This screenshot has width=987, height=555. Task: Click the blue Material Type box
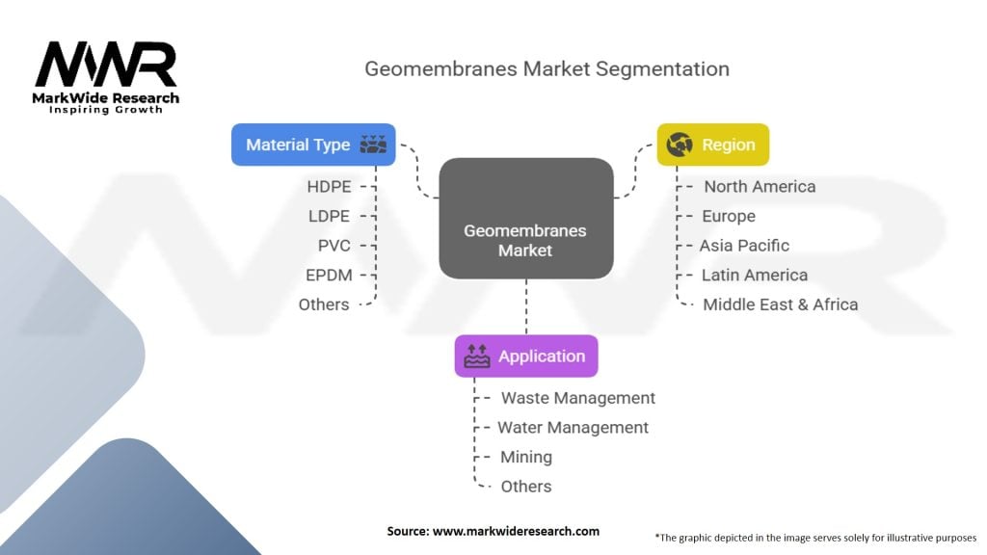[313, 145]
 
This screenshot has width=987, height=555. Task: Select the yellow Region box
[713, 145]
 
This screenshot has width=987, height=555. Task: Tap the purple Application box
[526, 357]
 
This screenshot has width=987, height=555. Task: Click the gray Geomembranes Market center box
[526, 219]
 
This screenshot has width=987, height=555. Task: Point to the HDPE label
[330, 187]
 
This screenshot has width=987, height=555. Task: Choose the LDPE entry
[329, 217]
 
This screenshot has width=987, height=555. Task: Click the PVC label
[334, 246]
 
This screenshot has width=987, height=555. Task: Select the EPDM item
[329, 275]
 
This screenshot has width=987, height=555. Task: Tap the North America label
[760, 187]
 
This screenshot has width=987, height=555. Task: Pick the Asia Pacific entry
[744, 246]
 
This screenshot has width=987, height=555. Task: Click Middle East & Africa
[781, 304]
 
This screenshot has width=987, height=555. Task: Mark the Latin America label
[755, 275]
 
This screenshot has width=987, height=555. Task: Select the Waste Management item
[578, 398]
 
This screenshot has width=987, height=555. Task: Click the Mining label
[526, 458]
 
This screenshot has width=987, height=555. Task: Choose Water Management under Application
[573, 428]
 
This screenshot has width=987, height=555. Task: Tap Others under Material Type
[324, 304]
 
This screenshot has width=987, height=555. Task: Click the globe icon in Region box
[680, 145]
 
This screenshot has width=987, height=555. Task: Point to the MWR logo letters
[106, 65]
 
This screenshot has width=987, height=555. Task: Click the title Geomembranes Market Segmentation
[547, 68]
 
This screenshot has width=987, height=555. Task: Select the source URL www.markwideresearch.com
[517, 531]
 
